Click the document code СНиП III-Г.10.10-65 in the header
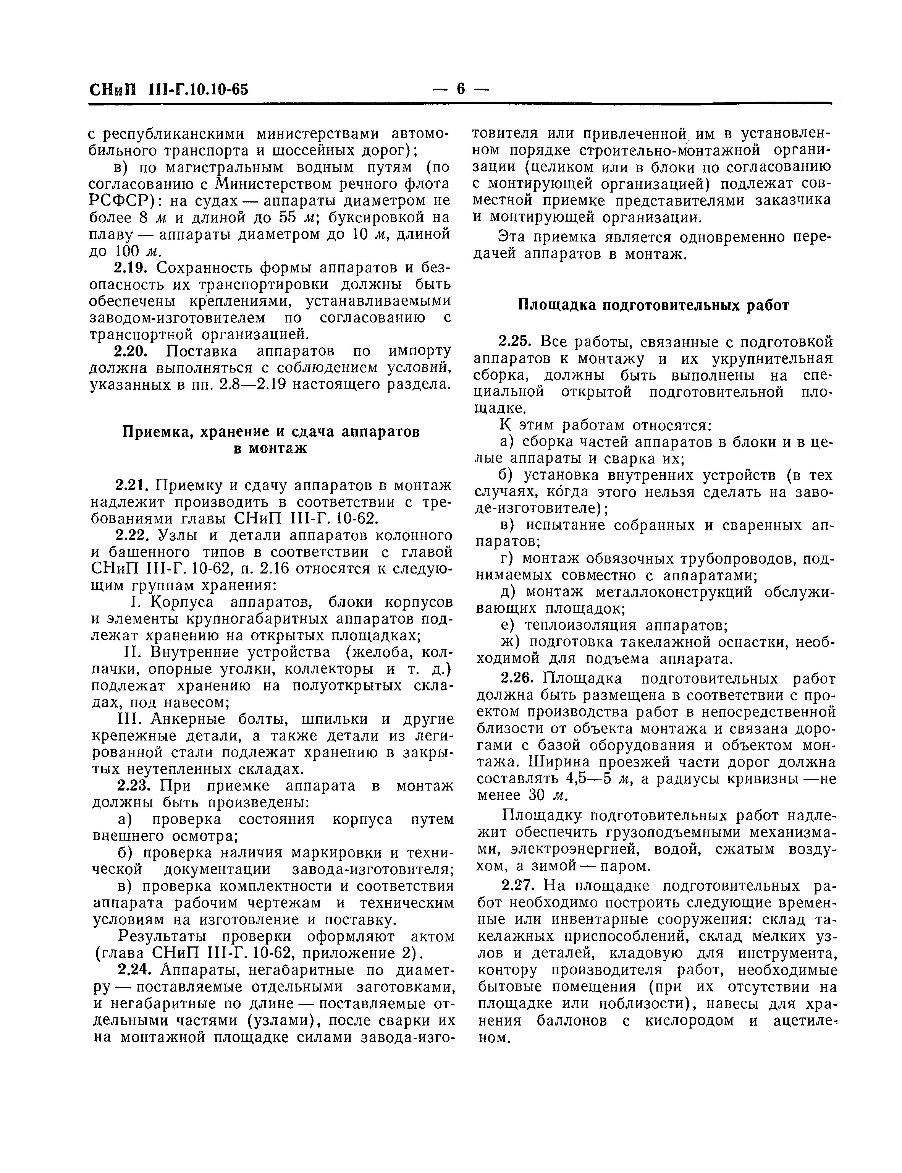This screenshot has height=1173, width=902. [169, 89]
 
